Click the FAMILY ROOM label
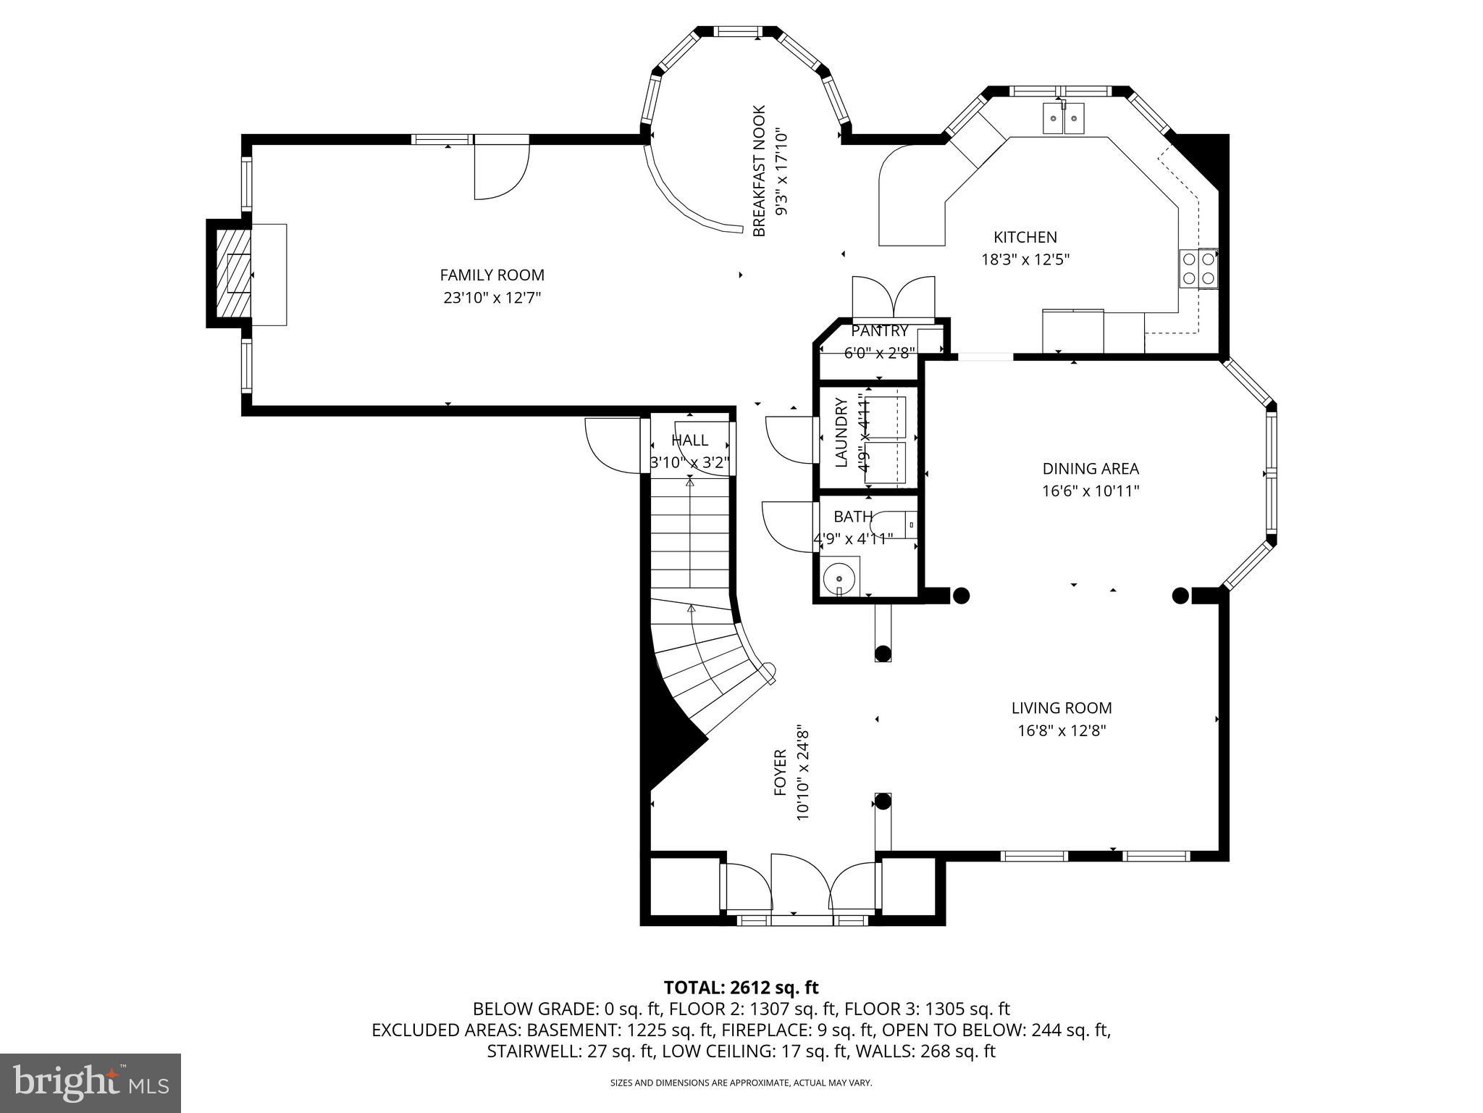pos(492,275)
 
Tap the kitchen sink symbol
pos(1063,119)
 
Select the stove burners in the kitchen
pos(1199,268)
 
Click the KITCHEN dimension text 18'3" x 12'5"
pos(1025,259)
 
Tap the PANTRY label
pos(879,331)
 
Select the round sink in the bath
pos(840,578)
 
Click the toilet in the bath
pos(894,523)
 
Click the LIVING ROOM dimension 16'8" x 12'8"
pos(1062,730)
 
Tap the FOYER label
pos(780,773)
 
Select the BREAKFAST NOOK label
pos(759,171)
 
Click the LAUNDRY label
pos(841,433)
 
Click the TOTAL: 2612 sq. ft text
pos(741,988)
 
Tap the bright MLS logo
pos(90,1083)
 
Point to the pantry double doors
pos(894,299)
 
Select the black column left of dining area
pos(960,596)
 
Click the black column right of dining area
pos(1180,596)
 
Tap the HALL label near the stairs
pos(689,440)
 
